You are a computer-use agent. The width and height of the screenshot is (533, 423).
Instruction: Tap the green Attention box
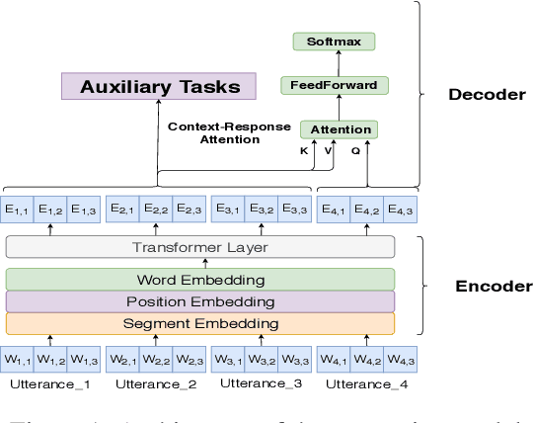click(341, 129)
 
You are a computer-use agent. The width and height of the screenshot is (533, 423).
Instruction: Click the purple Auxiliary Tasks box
click(159, 86)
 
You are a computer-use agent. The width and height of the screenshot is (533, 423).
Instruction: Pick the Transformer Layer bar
click(200, 247)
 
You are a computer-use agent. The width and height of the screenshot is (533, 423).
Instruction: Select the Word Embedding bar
click(200, 279)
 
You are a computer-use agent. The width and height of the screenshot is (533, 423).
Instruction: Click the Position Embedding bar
click(200, 301)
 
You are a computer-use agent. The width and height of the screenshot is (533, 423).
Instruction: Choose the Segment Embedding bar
click(200, 323)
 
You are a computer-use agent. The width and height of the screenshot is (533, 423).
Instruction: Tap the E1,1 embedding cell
click(20, 209)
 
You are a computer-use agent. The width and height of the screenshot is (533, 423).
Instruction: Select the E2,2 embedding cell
click(155, 209)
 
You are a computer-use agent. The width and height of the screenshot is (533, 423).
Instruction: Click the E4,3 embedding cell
click(399, 209)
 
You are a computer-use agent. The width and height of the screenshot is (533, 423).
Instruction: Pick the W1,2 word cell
click(52, 358)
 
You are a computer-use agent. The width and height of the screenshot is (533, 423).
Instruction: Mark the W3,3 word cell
click(295, 358)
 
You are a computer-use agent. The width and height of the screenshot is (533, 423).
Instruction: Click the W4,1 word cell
click(334, 358)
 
